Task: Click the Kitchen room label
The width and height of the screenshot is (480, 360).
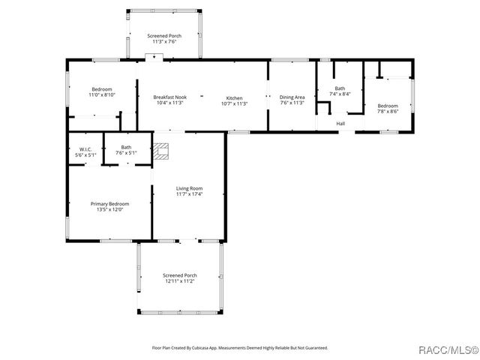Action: [234, 97]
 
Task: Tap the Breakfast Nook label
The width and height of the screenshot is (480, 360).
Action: [170, 97]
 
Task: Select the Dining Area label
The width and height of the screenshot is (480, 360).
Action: [292, 97]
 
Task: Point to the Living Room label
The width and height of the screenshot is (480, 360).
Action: [189, 188]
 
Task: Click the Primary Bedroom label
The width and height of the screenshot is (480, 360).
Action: [109, 204]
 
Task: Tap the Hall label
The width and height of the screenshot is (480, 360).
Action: [340, 124]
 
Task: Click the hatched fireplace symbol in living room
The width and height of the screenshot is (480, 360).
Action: [162, 151]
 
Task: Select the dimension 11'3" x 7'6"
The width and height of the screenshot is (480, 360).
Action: [164, 42]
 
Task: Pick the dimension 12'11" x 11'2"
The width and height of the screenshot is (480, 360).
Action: [178, 281]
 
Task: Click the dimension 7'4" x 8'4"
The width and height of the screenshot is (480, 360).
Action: [340, 94]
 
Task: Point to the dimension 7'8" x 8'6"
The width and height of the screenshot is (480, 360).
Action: [388, 111]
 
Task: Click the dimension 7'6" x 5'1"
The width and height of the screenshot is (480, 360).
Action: [126, 153]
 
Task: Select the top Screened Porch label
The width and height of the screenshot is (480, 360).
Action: [164, 36]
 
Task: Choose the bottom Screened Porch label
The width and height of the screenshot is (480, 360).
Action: [178, 275]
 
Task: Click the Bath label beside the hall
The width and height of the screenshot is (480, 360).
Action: [340, 88]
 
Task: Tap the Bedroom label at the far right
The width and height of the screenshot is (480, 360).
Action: [388, 106]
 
